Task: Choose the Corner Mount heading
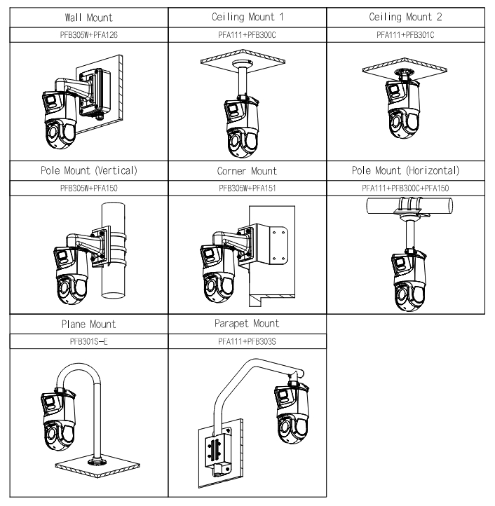[247, 170]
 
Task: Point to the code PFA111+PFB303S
[247, 341]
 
